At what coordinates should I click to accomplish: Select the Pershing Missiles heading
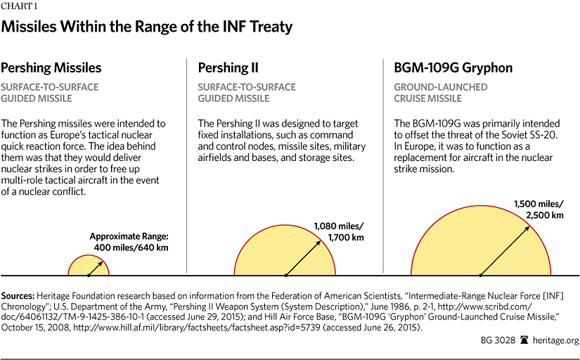[x=51, y=68]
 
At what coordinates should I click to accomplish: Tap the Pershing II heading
[x=228, y=68]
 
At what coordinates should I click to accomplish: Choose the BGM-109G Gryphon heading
[x=453, y=68]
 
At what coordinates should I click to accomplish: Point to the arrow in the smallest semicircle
[x=96, y=266]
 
